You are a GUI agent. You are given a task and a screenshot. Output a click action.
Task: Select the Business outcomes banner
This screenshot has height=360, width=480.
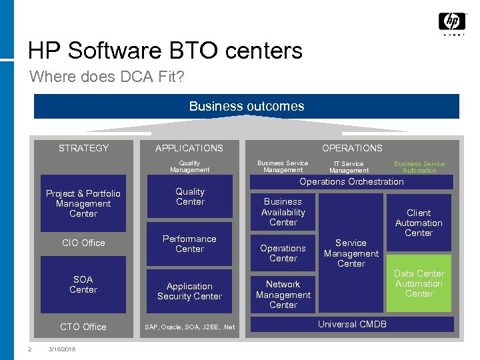pyautogui.click(x=247, y=106)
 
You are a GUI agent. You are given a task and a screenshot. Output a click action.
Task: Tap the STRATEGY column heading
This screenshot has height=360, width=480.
pyautogui.click(x=83, y=148)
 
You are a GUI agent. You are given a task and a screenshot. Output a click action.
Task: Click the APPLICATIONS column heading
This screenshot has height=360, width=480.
pyautogui.click(x=189, y=148)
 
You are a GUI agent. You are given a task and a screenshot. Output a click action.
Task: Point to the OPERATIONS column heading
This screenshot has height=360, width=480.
pyautogui.click(x=352, y=148)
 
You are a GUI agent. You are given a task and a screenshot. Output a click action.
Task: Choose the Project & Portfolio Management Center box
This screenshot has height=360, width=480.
pyautogui.click(x=83, y=203)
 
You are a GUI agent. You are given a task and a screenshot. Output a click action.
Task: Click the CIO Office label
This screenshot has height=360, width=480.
pyautogui.click(x=83, y=243)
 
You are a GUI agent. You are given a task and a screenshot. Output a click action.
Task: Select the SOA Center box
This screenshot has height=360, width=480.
pyautogui.click(x=83, y=285)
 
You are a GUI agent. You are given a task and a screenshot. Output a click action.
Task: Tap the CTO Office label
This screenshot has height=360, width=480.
pyautogui.click(x=83, y=327)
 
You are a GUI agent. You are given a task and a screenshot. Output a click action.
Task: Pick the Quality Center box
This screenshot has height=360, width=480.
pyautogui.click(x=190, y=197)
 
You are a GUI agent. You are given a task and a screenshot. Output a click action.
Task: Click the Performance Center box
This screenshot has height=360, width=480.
pyautogui.click(x=189, y=244)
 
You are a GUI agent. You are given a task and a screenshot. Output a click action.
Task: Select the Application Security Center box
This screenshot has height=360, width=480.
pyautogui.click(x=189, y=291)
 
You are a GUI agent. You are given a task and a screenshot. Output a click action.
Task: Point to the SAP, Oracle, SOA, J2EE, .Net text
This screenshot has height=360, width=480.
pyautogui.click(x=190, y=327)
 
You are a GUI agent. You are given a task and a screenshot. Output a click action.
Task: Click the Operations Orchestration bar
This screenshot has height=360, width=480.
pyautogui.click(x=351, y=182)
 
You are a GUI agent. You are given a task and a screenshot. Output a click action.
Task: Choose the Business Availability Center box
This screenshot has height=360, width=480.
pyautogui.click(x=283, y=212)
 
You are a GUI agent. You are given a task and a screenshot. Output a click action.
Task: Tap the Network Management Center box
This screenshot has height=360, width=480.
pyautogui.click(x=283, y=295)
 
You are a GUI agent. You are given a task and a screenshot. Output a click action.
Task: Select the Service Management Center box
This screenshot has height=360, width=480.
pyautogui.click(x=351, y=253)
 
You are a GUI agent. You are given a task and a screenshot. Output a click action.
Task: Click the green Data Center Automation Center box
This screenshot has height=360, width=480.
pyautogui.click(x=419, y=283)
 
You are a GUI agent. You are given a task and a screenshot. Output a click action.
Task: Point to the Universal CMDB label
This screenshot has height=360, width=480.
pyautogui.click(x=352, y=325)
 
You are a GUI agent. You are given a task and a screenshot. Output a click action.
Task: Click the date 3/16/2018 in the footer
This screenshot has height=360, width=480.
pyautogui.click(x=62, y=349)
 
